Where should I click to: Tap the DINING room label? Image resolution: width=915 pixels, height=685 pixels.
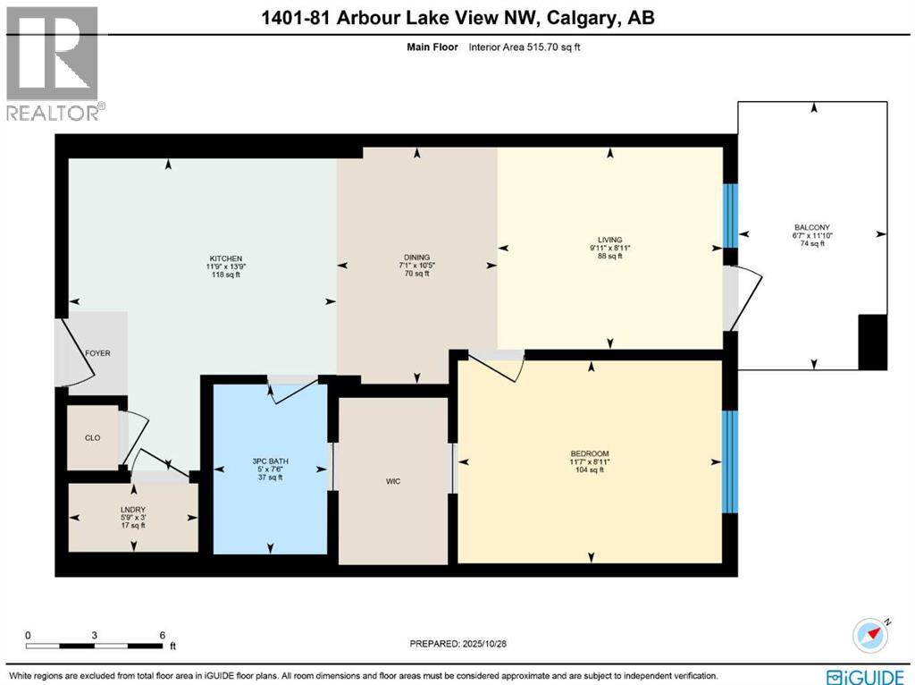(416, 258)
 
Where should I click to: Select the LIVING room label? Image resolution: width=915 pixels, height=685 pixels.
(609, 239)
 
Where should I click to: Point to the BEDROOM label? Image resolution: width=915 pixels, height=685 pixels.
(590, 454)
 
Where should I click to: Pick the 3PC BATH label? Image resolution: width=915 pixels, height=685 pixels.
(271, 461)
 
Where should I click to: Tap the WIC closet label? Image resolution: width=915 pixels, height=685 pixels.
(392, 481)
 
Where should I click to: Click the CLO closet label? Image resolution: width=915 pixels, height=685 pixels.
(92, 438)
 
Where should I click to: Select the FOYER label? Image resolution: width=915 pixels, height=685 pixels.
(97, 353)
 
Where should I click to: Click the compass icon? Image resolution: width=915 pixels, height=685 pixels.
(871, 633)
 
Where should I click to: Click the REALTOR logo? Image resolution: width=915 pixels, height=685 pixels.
(54, 63)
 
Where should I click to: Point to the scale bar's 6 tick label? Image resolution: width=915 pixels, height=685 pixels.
(162, 636)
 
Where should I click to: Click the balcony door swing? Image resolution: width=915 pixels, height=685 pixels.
(746, 299)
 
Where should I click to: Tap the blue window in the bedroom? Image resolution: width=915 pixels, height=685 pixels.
(730, 461)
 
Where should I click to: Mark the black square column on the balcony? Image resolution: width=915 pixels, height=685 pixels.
(872, 342)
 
